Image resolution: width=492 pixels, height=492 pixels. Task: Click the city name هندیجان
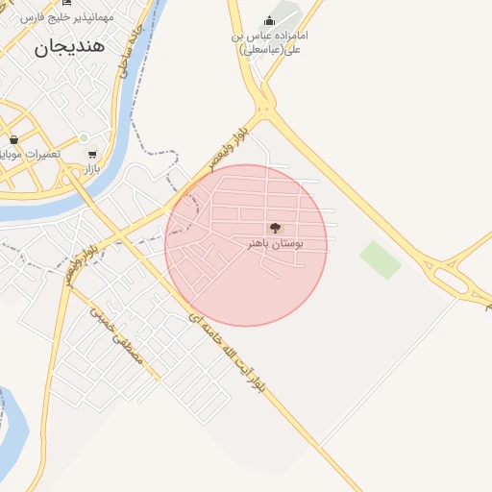tap(70, 46)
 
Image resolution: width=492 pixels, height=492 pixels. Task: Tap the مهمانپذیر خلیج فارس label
tap(67, 16)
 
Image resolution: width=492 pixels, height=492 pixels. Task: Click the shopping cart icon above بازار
tap(91, 154)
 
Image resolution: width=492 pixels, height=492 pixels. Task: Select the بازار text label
tap(89, 169)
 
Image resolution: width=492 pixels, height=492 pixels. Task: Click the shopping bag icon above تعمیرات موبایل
tap(13, 139)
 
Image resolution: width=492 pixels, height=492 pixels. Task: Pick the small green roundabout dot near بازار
tap(84, 137)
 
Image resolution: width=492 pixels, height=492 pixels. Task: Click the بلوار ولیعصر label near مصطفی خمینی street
tap(81, 262)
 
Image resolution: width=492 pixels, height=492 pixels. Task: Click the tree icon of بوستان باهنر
tap(276, 228)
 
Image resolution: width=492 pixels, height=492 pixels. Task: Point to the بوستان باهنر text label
tap(275, 244)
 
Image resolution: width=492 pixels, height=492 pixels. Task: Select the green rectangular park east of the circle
tap(381, 259)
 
